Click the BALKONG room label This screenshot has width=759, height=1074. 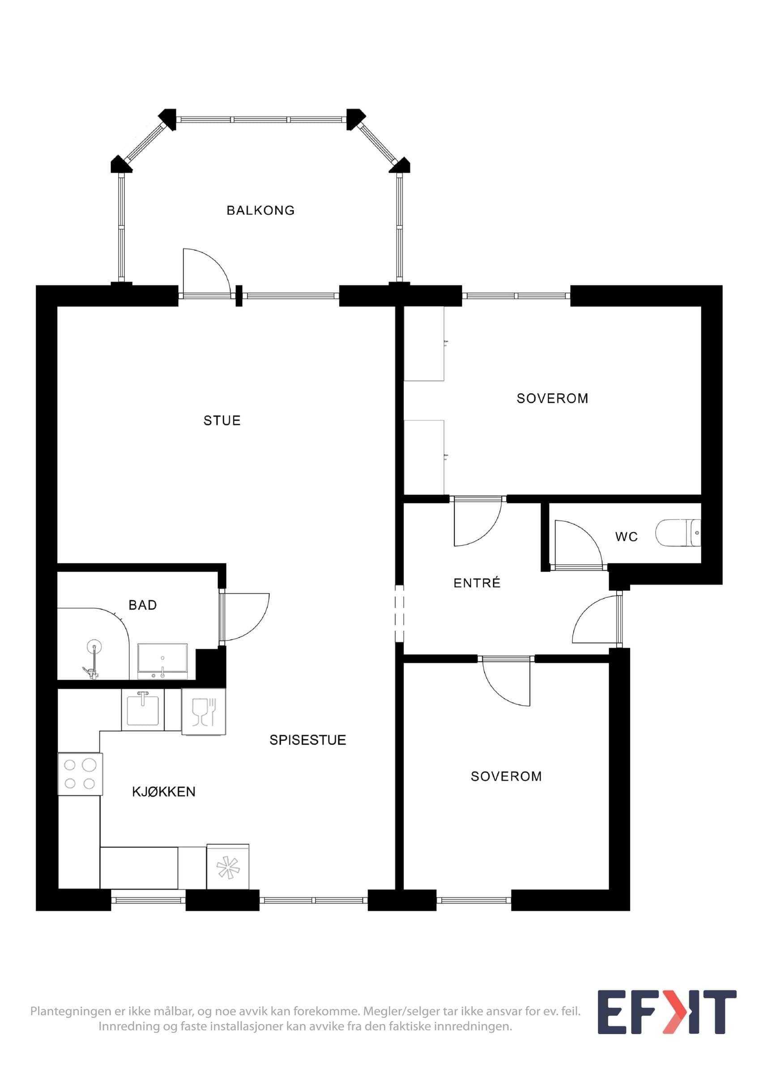(x=260, y=210)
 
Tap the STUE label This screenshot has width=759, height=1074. (x=222, y=421)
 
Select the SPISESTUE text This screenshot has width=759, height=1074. (x=308, y=740)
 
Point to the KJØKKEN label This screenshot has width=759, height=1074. (x=164, y=792)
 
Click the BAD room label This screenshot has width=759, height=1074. (x=143, y=605)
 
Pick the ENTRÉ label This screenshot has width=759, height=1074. (x=477, y=582)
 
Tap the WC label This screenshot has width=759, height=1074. (x=626, y=537)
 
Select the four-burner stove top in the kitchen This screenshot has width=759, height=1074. (x=80, y=774)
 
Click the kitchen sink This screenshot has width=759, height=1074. (x=143, y=710)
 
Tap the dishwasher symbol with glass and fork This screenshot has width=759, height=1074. (x=204, y=712)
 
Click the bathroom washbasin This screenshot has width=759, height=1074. (x=162, y=661)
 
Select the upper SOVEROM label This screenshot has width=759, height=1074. (x=552, y=398)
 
